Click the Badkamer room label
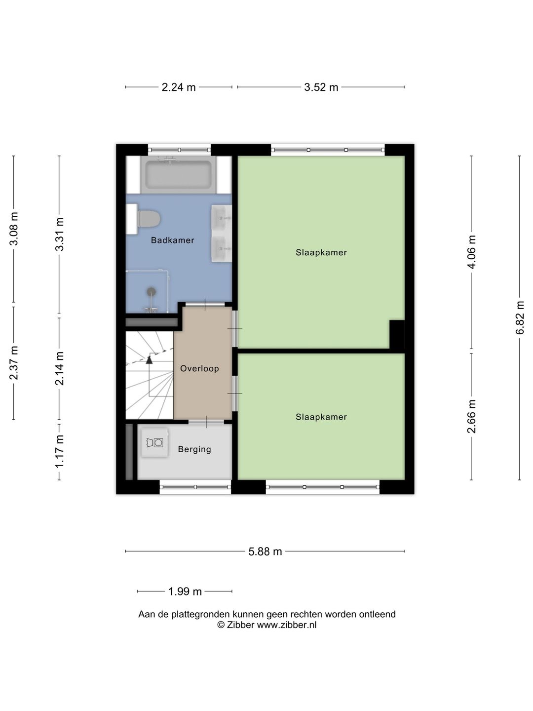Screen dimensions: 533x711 tap(173, 240)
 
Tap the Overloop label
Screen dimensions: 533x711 tap(199, 368)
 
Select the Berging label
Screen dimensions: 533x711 tap(194, 449)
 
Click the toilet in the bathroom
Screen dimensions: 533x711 tap(149, 219)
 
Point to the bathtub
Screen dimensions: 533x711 tap(178, 175)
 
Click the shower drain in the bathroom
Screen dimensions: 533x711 tap(151, 291)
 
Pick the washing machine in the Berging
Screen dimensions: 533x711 tap(154, 443)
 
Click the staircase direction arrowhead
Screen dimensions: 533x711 tap(149, 359)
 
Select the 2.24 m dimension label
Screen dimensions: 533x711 tap(179, 87)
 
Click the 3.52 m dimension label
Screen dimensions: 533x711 tap(321, 87)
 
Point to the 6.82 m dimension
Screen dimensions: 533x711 tap(520, 318)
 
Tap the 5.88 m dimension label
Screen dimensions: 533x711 tap(265, 552)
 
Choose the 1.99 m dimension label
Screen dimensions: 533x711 tap(185, 592)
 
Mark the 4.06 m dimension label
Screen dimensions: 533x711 tap(471, 252)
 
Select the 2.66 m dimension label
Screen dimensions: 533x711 tap(471, 416)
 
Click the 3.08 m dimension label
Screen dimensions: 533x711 tap(14, 229)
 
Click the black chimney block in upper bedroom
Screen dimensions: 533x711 tap(397, 334)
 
